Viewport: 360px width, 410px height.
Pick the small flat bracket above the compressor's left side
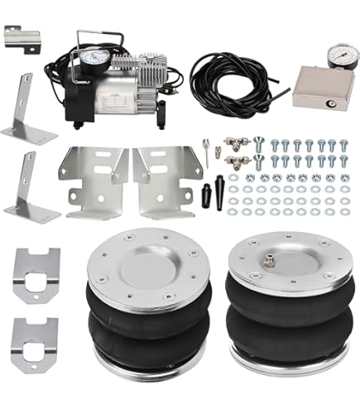pos(22,38)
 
